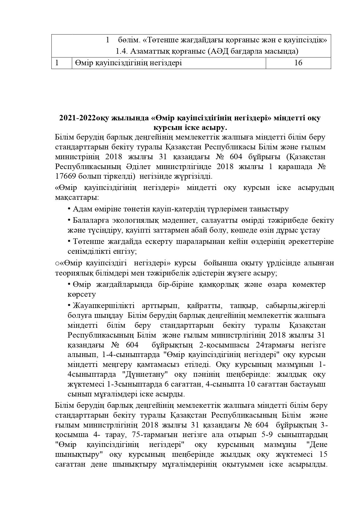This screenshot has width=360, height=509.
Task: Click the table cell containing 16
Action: [298, 63]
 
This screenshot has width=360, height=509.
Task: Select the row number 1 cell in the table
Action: [62, 63]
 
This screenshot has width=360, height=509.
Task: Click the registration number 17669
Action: [66, 176]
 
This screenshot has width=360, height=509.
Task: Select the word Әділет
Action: [138, 167]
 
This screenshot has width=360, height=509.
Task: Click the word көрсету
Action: [82, 294]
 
